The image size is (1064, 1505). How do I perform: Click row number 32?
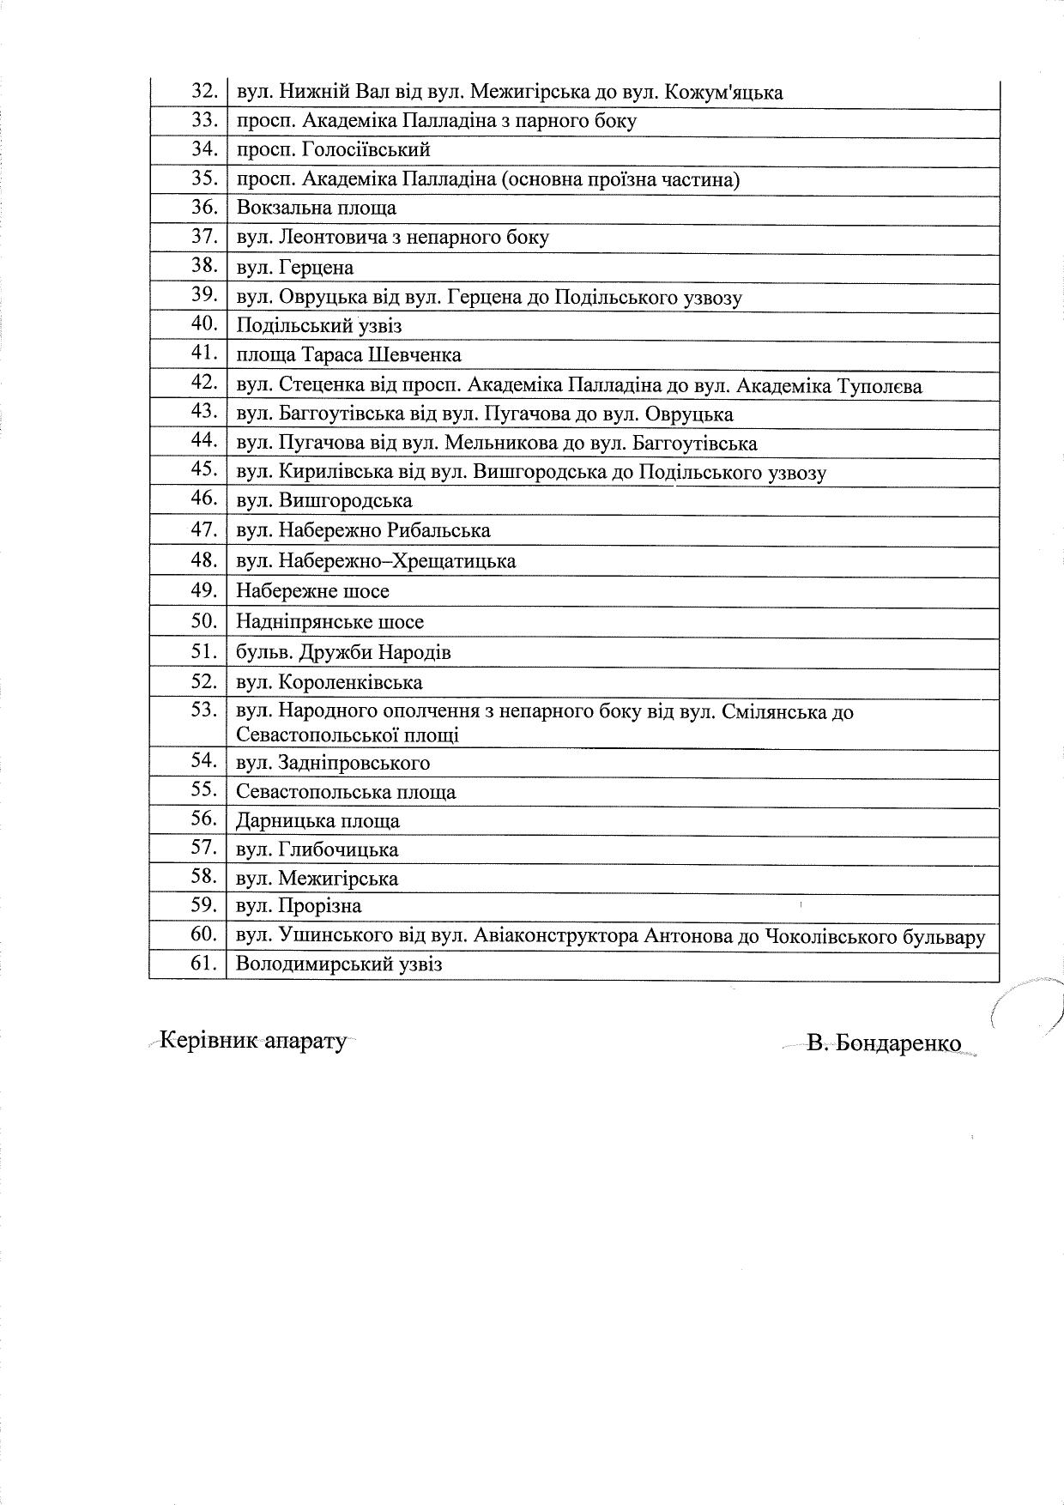[204, 91]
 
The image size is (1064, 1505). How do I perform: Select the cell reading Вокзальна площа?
[316, 209]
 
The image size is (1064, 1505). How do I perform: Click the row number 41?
[204, 354]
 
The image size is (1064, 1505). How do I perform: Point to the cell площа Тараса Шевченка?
[348, 355]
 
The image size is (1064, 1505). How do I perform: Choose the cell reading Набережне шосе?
[312, 591]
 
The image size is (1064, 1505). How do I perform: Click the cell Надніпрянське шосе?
[329, 622]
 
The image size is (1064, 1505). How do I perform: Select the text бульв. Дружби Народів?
[343, 652]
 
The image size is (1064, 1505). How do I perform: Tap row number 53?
[204, 710]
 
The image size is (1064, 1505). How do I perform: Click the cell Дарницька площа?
[317, 821]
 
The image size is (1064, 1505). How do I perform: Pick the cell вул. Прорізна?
[299, 906]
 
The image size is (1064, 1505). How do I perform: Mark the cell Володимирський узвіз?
[339, 964]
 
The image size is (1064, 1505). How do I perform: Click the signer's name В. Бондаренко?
[884, 1043]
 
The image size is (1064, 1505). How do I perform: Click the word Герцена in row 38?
[316, 268]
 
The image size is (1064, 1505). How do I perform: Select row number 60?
[204, 935]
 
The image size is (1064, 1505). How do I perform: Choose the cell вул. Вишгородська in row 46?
[323, 501]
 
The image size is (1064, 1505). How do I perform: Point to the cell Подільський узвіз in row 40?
[318, 326]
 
